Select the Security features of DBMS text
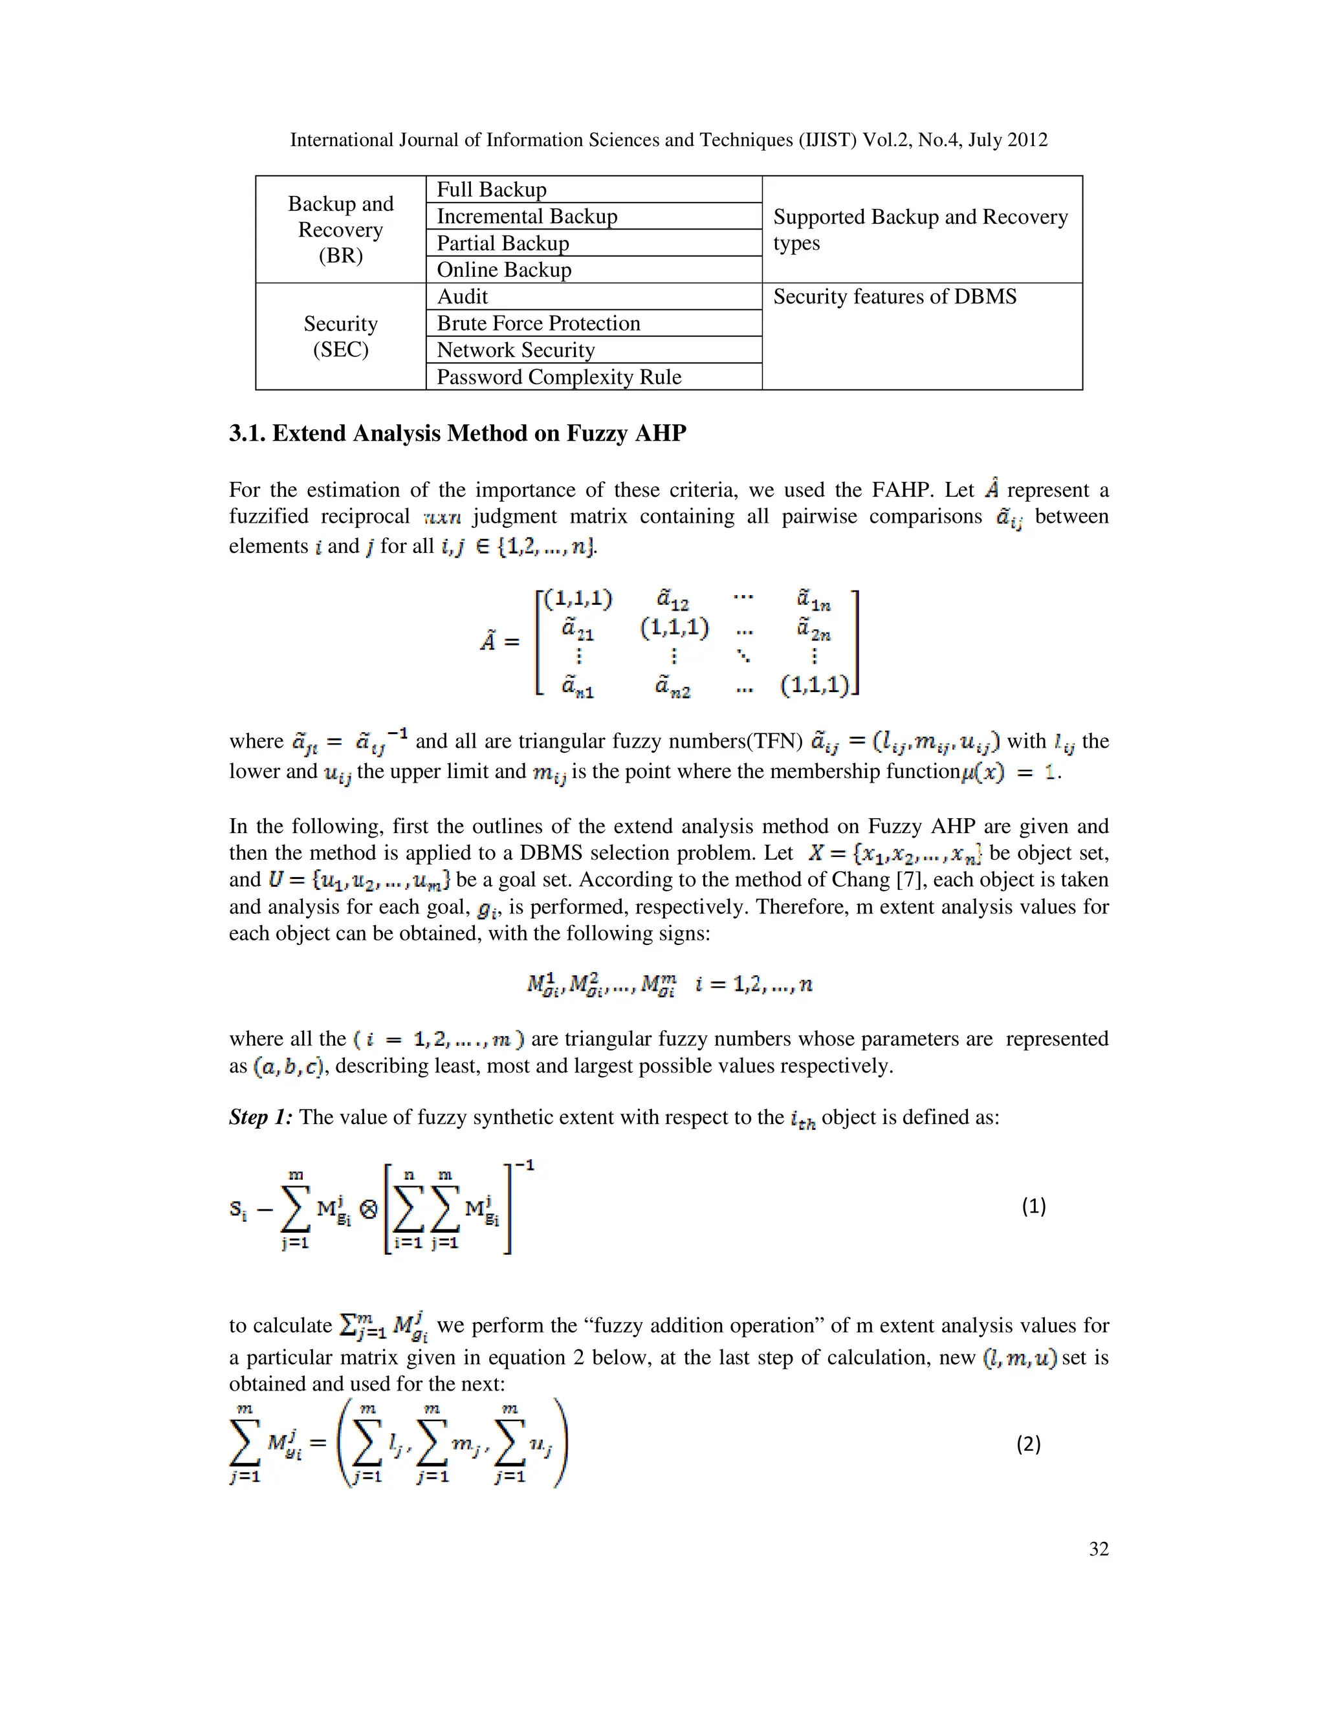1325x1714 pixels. tap(895, 297)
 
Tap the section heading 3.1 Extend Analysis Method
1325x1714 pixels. tap(457, 433)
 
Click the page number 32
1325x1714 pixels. tap(1098, 1548)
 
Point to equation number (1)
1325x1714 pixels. tap(1034, 1206)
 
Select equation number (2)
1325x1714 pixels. tap(1028, 1444)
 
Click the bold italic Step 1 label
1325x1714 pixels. tap(261, 1117)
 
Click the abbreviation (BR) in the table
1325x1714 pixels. tap(341, 256)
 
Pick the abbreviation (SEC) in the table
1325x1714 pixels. tap(341, 349)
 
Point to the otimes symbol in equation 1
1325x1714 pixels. tap(368, 1209)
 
